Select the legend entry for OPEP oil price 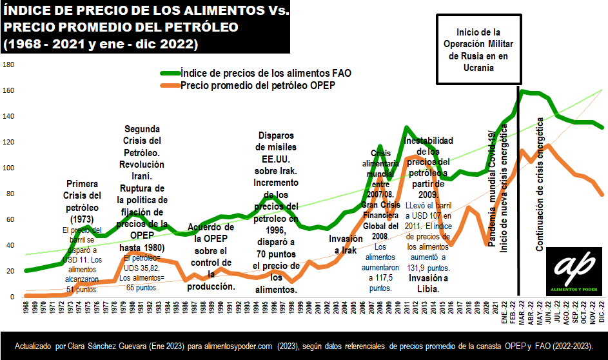[x=259, y=85]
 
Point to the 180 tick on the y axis [x=8, y=65]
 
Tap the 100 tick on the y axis [x=8, y=168]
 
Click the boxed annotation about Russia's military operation [x=478, y=50]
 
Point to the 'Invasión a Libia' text [x=424, y=283]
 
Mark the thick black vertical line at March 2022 [x=519, y=194]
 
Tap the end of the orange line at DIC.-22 [x=603, y=195]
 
